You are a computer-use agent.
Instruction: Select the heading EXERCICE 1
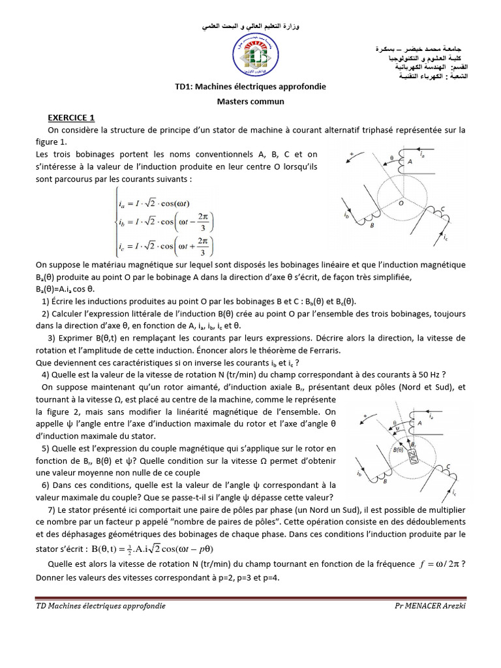tap(71, 117)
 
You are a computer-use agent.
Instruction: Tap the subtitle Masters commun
tap(250, 102)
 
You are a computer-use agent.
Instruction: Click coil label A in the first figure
tap(410, 160)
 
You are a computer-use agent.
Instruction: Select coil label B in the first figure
tap(371, 226)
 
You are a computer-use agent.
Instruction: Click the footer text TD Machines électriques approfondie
tap(100, 606)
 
